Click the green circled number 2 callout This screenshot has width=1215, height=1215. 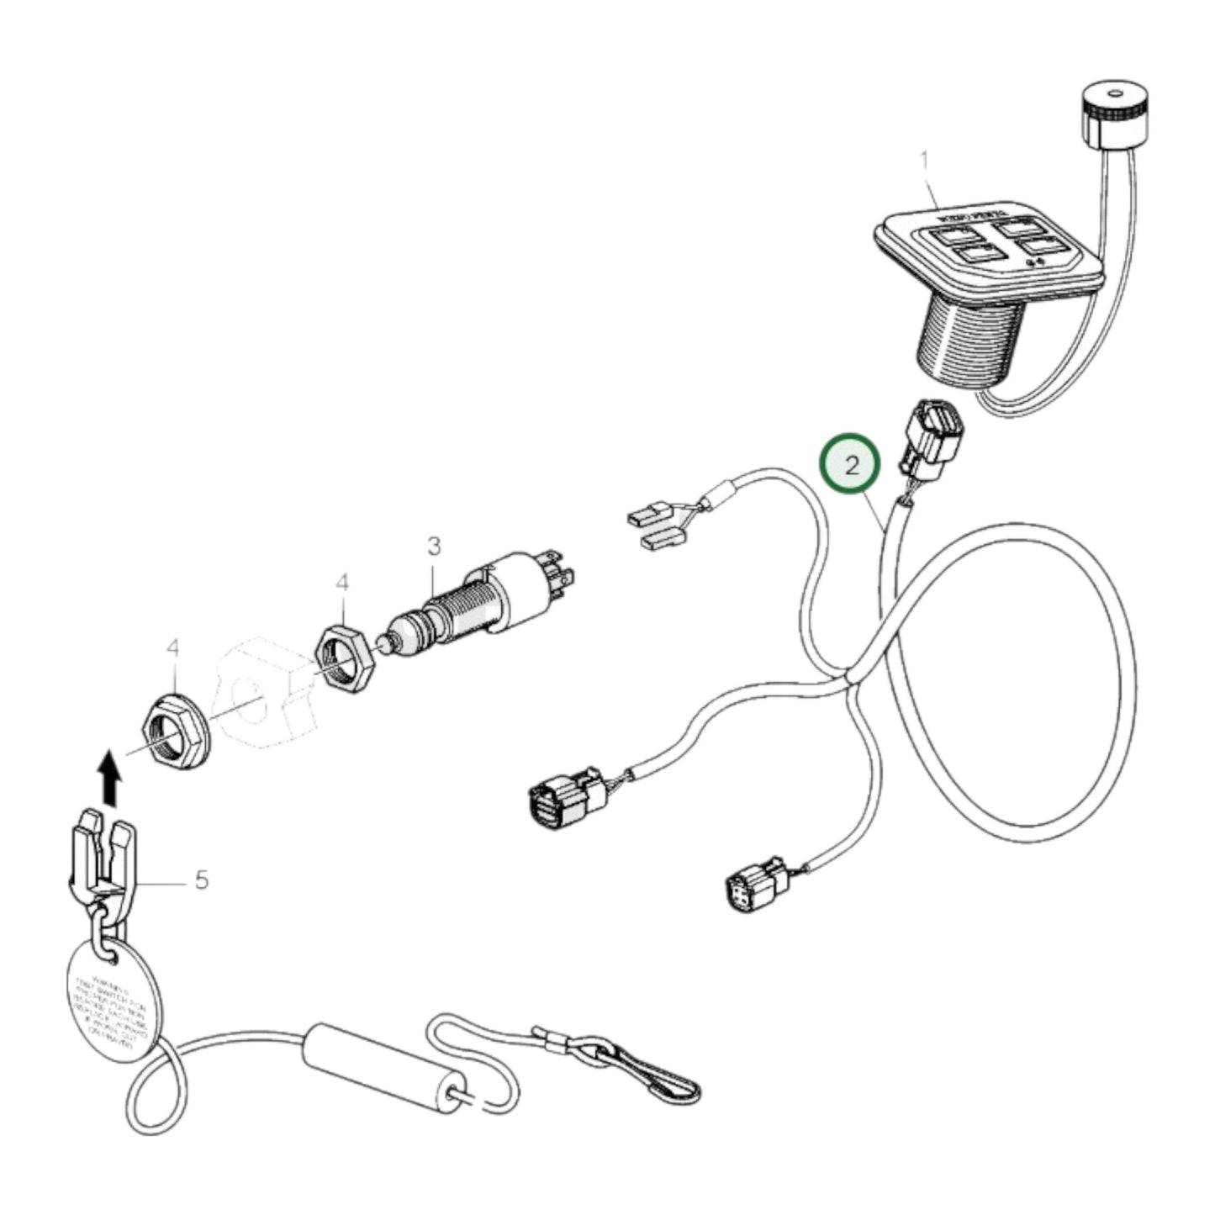851,465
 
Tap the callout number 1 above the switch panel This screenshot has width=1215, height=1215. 925,159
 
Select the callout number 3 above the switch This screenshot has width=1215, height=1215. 433,547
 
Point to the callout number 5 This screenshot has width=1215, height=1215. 201,880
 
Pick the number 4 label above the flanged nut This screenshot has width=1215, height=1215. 173,647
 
